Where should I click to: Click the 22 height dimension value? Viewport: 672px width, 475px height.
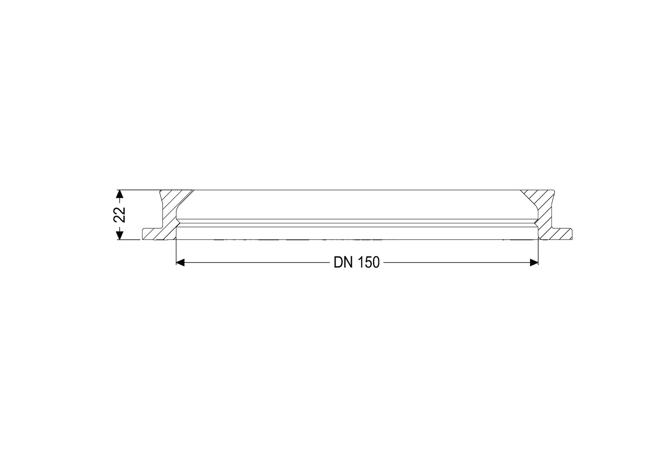click(119, 215)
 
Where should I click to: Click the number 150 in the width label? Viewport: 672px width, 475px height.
click(369, 263)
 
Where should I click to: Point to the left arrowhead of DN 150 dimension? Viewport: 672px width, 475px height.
click(180, 263)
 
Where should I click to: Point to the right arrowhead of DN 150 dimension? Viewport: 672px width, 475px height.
click(534, 263)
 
